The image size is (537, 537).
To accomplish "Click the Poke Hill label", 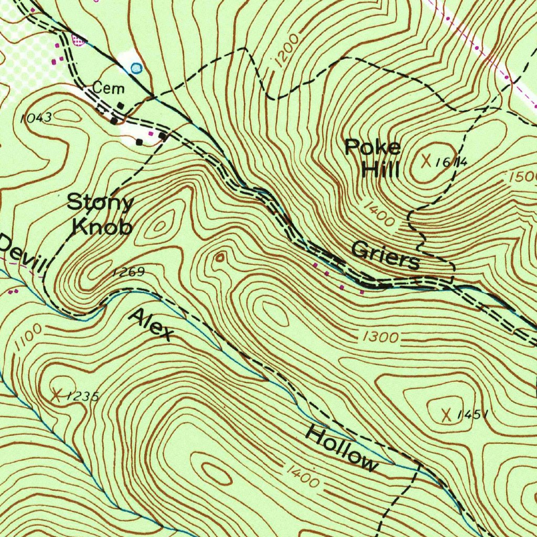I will click(373, 158).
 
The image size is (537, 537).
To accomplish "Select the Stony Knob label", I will click(101, 213).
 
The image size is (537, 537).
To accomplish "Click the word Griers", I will click(385, 255).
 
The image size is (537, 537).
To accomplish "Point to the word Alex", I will click(151, 325).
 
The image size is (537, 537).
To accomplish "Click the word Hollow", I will click(342, 448).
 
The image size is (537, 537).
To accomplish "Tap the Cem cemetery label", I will click(109, 87).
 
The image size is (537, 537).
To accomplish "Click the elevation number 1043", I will click(36, 118).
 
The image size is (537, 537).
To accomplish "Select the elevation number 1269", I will click(128, 272).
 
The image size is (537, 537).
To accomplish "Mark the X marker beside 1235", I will click(56, 394).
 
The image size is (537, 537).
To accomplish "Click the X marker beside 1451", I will click(446, 415).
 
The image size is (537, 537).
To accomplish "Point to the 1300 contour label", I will click(380, 337).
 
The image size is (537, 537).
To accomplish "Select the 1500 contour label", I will click(522, 178).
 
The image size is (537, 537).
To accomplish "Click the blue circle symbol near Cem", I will click(136, 68).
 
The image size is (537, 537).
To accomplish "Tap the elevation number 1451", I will click(473, 415).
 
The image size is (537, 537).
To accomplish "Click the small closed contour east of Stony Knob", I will click(220, 256).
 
